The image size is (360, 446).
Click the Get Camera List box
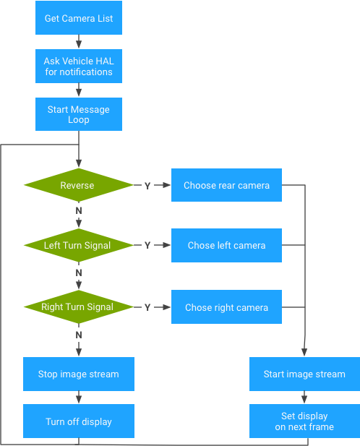click(78, 18)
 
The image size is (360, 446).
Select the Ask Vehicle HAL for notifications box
click(78, 67)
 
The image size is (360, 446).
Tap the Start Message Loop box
click(78, 114)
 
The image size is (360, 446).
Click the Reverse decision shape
click(77, 186)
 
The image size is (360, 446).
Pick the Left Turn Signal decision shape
click(77, 246)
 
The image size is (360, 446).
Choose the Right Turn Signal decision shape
click(77, 307)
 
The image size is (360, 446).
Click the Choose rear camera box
click(226, 186)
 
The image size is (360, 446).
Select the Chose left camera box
click(226, 246)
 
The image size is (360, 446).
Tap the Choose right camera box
click(226, 308)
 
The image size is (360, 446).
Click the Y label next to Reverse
click(147, 186)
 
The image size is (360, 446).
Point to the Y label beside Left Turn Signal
click(147, 246)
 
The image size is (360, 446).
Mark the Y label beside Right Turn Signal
click(147, 308)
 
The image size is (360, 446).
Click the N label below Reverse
click(79, 210)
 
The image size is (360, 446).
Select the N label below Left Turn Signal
click(79, 273)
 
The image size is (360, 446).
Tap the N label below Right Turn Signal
click(79, 335)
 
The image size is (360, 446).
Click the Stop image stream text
click(78, 374)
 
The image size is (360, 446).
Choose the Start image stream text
click(304, 374)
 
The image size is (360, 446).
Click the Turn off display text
click(78, 422)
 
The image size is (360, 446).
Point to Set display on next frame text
click(304, 421)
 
